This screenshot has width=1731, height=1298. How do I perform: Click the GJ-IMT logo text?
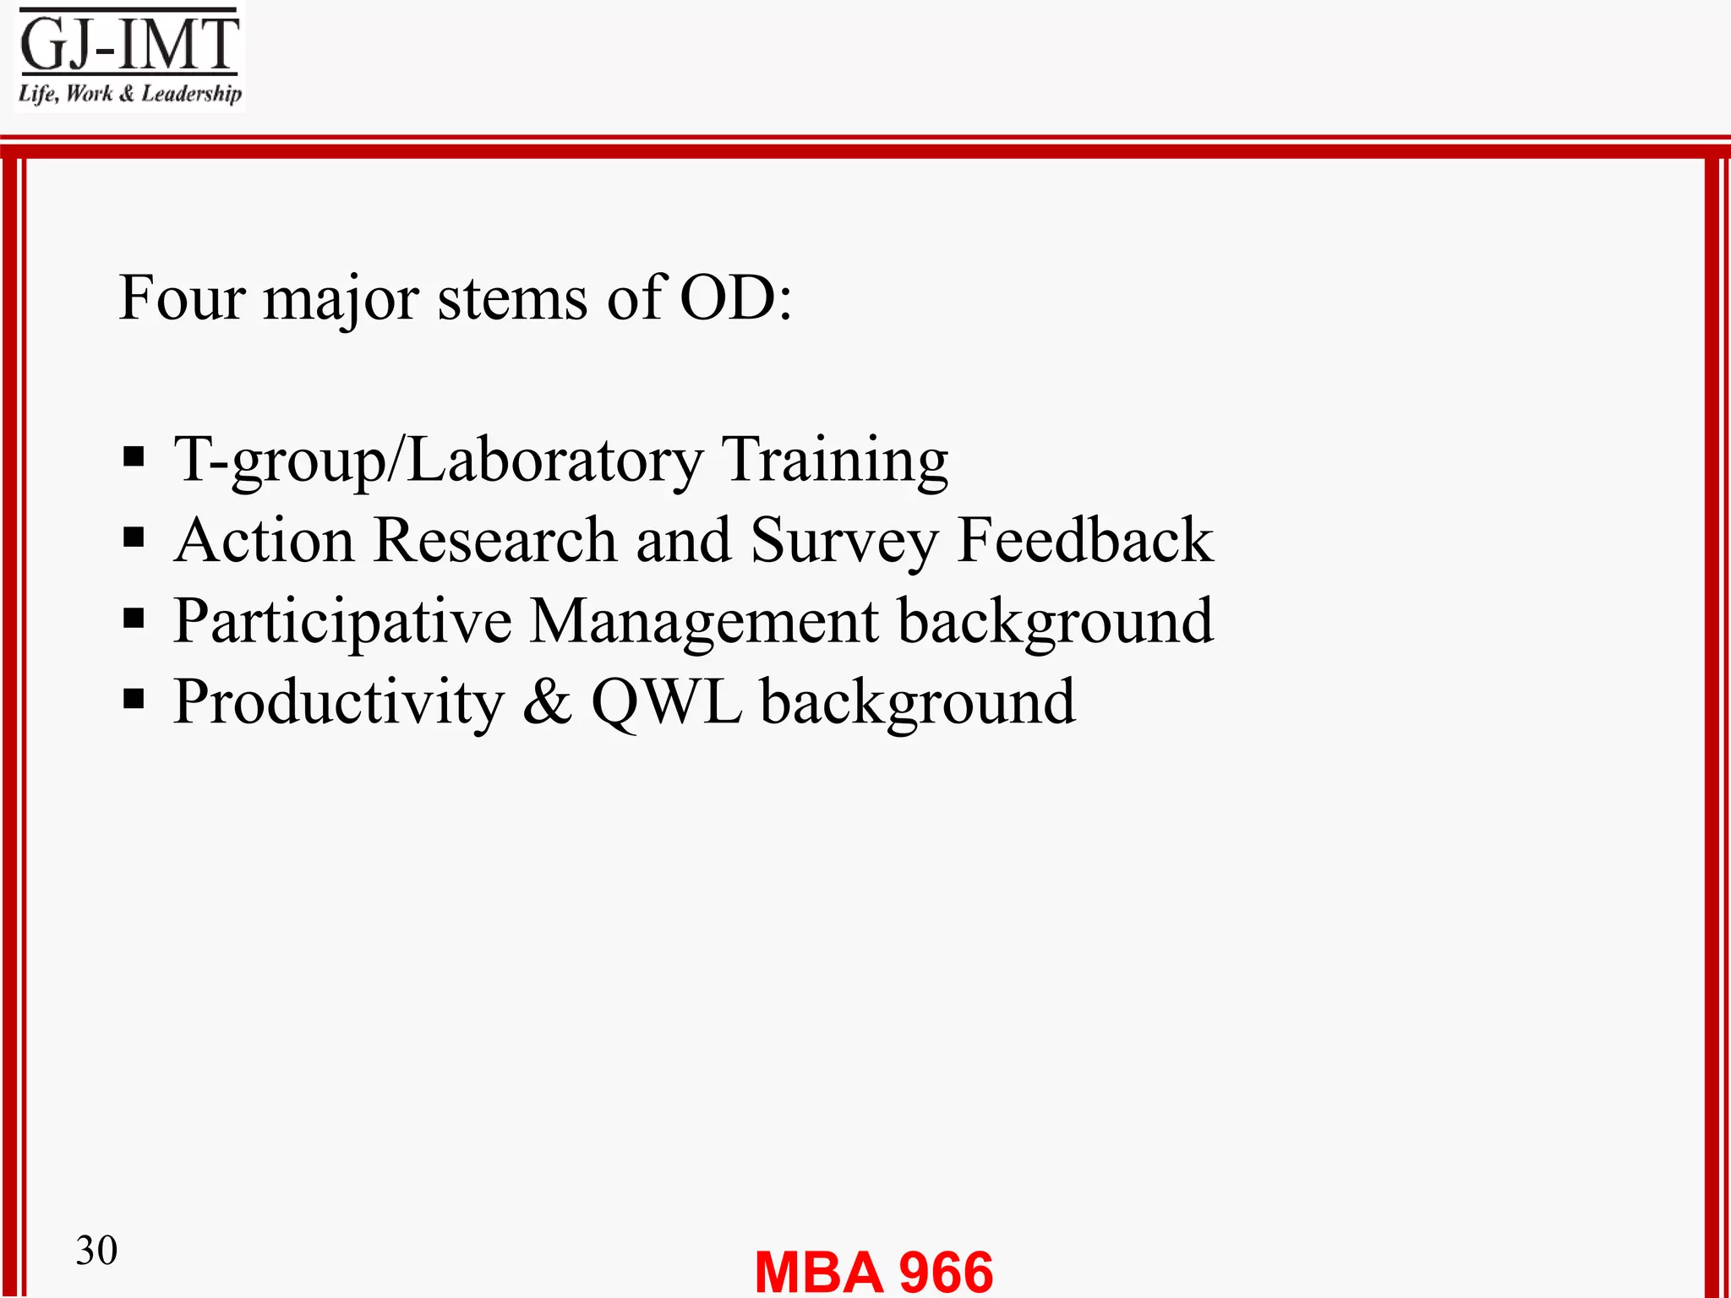click(x=129, y=44)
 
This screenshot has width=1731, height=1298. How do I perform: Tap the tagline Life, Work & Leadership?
click(x=130, y=94)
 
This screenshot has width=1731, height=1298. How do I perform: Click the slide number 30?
click(x=96, y=1250)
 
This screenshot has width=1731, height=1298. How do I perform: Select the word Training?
click(x=834, y=461)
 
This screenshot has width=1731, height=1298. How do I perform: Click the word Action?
click(x=265, y=540)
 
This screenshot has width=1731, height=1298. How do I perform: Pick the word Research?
click(x=495, y=540)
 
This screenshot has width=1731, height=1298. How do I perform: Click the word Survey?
click(x=844, y=542)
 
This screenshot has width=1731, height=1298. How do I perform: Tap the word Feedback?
click(x=1085, y=540)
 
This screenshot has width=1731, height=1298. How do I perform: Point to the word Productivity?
click(x=339, y=703)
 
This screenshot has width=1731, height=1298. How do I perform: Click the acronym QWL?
click(x=666, y=703)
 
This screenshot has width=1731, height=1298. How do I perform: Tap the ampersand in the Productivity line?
click(x=547, y=703)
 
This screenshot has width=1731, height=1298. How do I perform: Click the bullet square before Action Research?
click(x=134, y=537)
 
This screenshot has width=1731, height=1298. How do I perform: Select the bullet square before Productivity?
click(x=134, y=700)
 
